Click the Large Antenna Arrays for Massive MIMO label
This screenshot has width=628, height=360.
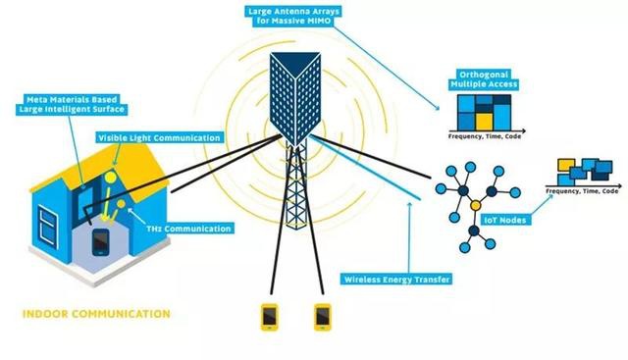tap(293, 16)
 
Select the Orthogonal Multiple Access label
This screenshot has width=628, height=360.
tap(484, 79)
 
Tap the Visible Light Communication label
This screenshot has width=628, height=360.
tap(159, 137)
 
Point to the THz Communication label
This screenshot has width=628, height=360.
tap(188, 229)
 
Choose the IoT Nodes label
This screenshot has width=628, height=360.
tap(505, 220)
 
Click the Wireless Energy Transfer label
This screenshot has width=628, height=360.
tap(396, 280)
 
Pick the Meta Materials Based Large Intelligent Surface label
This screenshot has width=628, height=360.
tap(72, 104)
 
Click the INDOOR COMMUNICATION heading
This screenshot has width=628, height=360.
tap(96, 314)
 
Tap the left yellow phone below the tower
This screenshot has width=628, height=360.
tap(270, 317)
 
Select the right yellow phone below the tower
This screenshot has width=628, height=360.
tap(323, 317)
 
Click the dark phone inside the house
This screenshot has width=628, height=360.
tap(100, 242)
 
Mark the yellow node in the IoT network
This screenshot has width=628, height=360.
tap(475, 205)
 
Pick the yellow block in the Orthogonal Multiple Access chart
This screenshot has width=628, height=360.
tap(484, 122)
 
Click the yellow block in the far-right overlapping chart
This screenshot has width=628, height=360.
tap(566, 165)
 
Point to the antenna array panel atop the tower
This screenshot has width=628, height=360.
tap(295, 98)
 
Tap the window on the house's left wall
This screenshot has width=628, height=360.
tap(48, 226)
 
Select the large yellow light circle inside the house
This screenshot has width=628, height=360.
tap(110, 177)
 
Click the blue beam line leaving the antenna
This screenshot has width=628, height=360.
tap(365, 168)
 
